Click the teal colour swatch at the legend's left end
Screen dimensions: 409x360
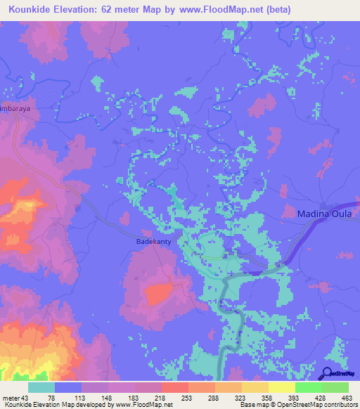pyautogui.click(x=41, y=388)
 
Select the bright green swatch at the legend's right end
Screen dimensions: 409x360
pyautogui.click(x=335, y=388)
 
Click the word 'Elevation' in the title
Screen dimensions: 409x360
pyautogui.click(x=83, y=11)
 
